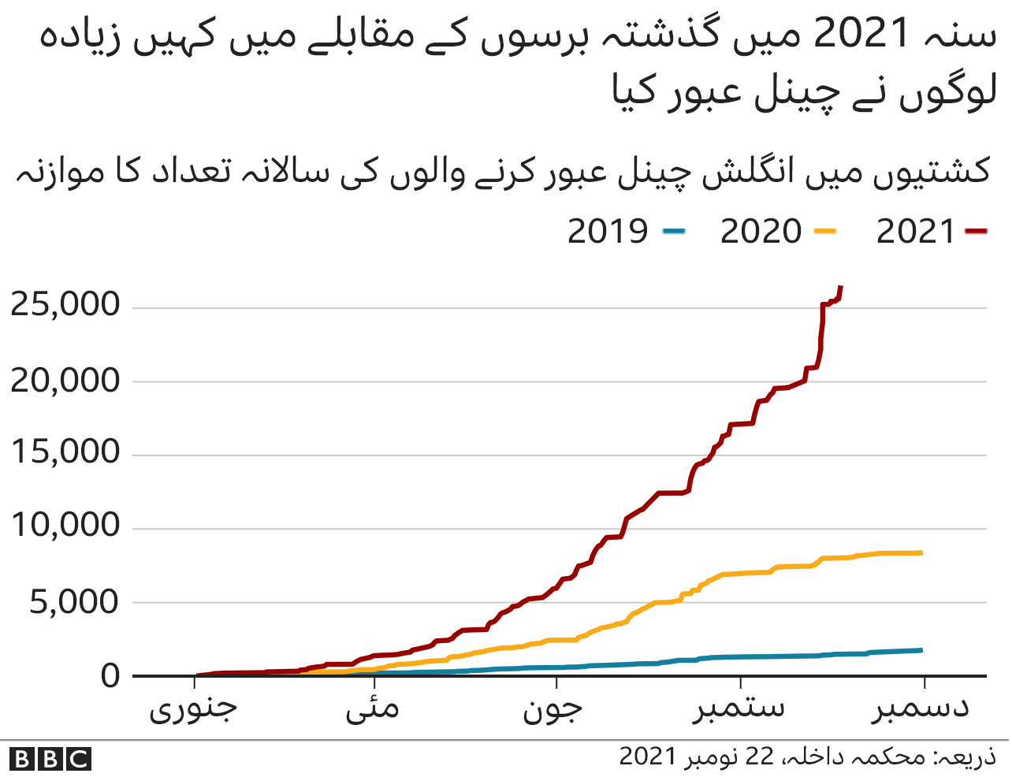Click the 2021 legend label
915,232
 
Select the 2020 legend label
761,232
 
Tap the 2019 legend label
608,232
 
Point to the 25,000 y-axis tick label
65,304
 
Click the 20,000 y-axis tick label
65,381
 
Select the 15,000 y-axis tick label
65,452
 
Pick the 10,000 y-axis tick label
65,525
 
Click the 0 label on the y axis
111,676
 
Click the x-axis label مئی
373,708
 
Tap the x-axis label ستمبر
739,708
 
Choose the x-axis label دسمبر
921,708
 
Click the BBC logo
51,759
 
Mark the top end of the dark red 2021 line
841,287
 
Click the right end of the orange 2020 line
921,553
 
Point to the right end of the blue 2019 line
921,650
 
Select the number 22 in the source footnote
760,757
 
